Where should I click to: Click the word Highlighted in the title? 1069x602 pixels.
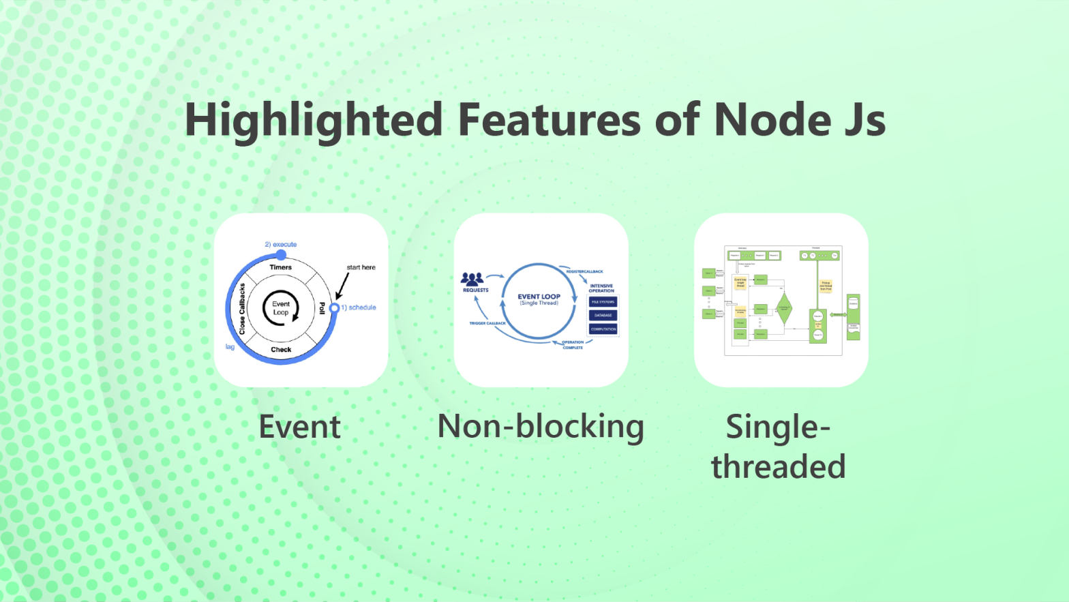point(314,120)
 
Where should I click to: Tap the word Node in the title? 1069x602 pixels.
point(772,120)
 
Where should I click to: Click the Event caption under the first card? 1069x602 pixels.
point(299,427)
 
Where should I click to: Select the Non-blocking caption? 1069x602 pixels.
point(541,427)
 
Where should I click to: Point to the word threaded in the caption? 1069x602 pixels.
point(778,467)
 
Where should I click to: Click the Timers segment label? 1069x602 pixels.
point(280,267)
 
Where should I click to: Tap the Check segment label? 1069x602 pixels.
point(281,350)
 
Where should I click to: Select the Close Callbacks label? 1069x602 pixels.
point(242,309)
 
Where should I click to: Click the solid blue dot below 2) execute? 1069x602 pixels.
point(281,255)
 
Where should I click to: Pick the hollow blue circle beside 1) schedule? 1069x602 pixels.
point(334,308)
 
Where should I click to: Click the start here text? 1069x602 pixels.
point(361,267)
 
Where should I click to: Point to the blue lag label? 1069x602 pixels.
point(230,347)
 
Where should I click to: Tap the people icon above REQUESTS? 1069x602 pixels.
point(472,278)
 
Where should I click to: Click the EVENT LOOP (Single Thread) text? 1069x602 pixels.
point(539,299)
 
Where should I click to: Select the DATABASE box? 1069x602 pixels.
point(603,315)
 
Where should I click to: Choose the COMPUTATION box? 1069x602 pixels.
point(603,329)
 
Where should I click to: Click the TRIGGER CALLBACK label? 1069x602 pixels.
point(487,323)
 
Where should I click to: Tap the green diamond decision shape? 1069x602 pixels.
point(784,308)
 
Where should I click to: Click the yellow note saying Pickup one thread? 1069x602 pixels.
point(826,286)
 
